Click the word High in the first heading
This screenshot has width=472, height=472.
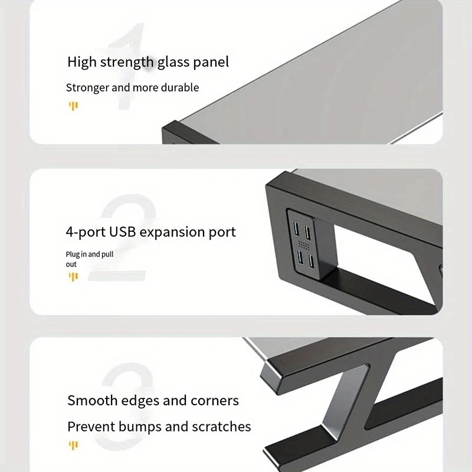[81, 62]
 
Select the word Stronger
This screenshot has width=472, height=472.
[87, 88]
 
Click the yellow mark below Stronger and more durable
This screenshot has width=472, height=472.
[73, 106]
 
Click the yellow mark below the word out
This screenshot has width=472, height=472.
[73, 276]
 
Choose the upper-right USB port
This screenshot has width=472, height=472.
[308, 228]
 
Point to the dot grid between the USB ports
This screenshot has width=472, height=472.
[303, 244]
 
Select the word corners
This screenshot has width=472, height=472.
[215, 401]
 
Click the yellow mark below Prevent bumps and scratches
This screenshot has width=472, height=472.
[73, 445]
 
